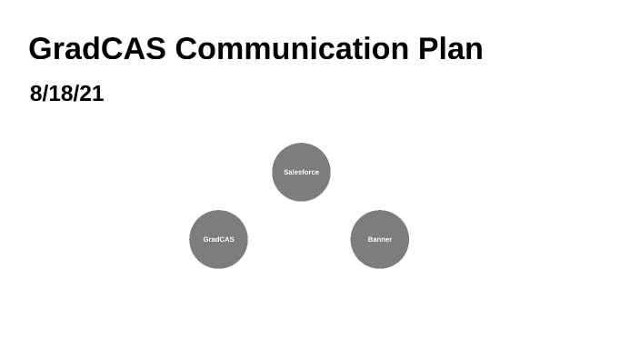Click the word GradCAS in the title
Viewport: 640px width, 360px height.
tap(96, 48)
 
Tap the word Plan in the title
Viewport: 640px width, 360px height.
tap(450, 48)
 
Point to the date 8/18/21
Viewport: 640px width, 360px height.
tap(66, 94)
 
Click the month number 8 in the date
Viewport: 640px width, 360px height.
tap(36, 94)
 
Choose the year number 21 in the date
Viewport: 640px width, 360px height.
tap(93, 94)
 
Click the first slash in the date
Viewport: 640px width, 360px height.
tap(46, 94)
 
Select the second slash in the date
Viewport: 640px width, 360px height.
tap(77, 94)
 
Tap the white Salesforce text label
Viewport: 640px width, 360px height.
tap(301, 172)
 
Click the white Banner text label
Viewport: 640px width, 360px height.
tap(379, 239)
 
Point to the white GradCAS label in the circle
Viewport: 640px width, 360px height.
tap(218, 239)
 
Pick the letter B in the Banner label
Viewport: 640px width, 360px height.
tap(370, 239)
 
